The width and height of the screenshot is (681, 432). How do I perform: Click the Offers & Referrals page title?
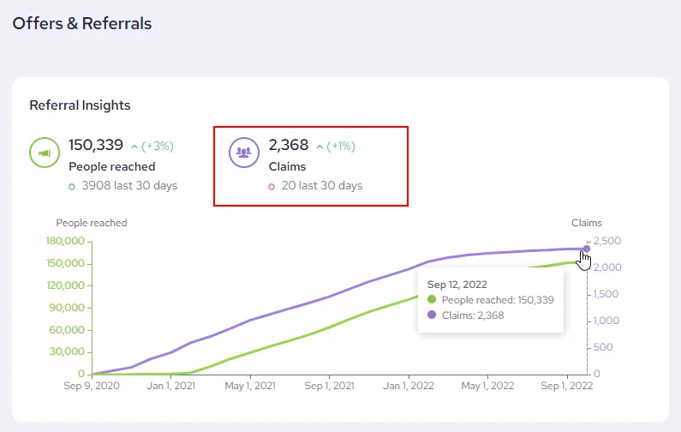click(82, 23)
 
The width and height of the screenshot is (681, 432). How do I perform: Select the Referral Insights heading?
click(80, 105)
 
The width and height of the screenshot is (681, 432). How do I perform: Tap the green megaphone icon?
click(45, 153)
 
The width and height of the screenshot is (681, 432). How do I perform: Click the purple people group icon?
click(244, 153)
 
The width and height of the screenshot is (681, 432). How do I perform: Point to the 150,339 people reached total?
click(96, 145)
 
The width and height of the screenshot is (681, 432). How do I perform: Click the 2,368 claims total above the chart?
click(289, 145)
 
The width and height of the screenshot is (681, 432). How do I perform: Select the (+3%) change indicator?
click(158, 146)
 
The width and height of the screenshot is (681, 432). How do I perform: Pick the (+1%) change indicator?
click(341, 146)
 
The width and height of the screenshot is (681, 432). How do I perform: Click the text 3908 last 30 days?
click(129, 186)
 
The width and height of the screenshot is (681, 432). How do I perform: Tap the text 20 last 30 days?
click(322, 186)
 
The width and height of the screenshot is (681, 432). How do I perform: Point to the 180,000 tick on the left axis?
click(65, 241)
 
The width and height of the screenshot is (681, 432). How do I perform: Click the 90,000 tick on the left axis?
click(67, 308)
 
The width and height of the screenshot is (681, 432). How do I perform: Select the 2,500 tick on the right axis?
click(607, 241)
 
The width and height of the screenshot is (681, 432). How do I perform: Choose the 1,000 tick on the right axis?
click(606, 321)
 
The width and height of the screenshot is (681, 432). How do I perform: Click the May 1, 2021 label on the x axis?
click(250, 386)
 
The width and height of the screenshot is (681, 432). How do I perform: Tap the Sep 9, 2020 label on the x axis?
click(92, 386)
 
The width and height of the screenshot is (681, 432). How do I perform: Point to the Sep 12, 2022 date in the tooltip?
click(457, 285)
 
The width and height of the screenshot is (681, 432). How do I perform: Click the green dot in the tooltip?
click(431, 299)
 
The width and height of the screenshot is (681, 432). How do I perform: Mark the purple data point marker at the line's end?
click(587, 249)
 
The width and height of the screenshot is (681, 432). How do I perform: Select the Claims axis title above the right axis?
click(586, 223)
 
